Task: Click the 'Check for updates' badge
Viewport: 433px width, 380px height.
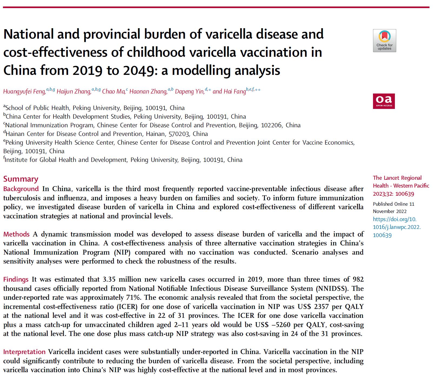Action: pyautogui.click(x=384, y=41)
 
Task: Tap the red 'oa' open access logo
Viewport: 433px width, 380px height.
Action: pyautogui.click(x=384, y=101)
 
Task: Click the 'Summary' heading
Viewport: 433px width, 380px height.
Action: pyautogui.click(x=21, y=179)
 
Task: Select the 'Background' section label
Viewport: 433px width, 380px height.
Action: pyautogui.click(x=21, y=189)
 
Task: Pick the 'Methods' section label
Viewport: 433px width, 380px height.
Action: pyautogui.click(x=16, y=234)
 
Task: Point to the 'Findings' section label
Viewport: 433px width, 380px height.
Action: pyautogui.click(x=16, y=279)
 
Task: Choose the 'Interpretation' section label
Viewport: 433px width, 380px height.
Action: pyautogui.click(x=24, y=352)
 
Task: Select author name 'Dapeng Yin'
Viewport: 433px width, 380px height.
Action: pyautogui.click(x=189, y=92)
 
